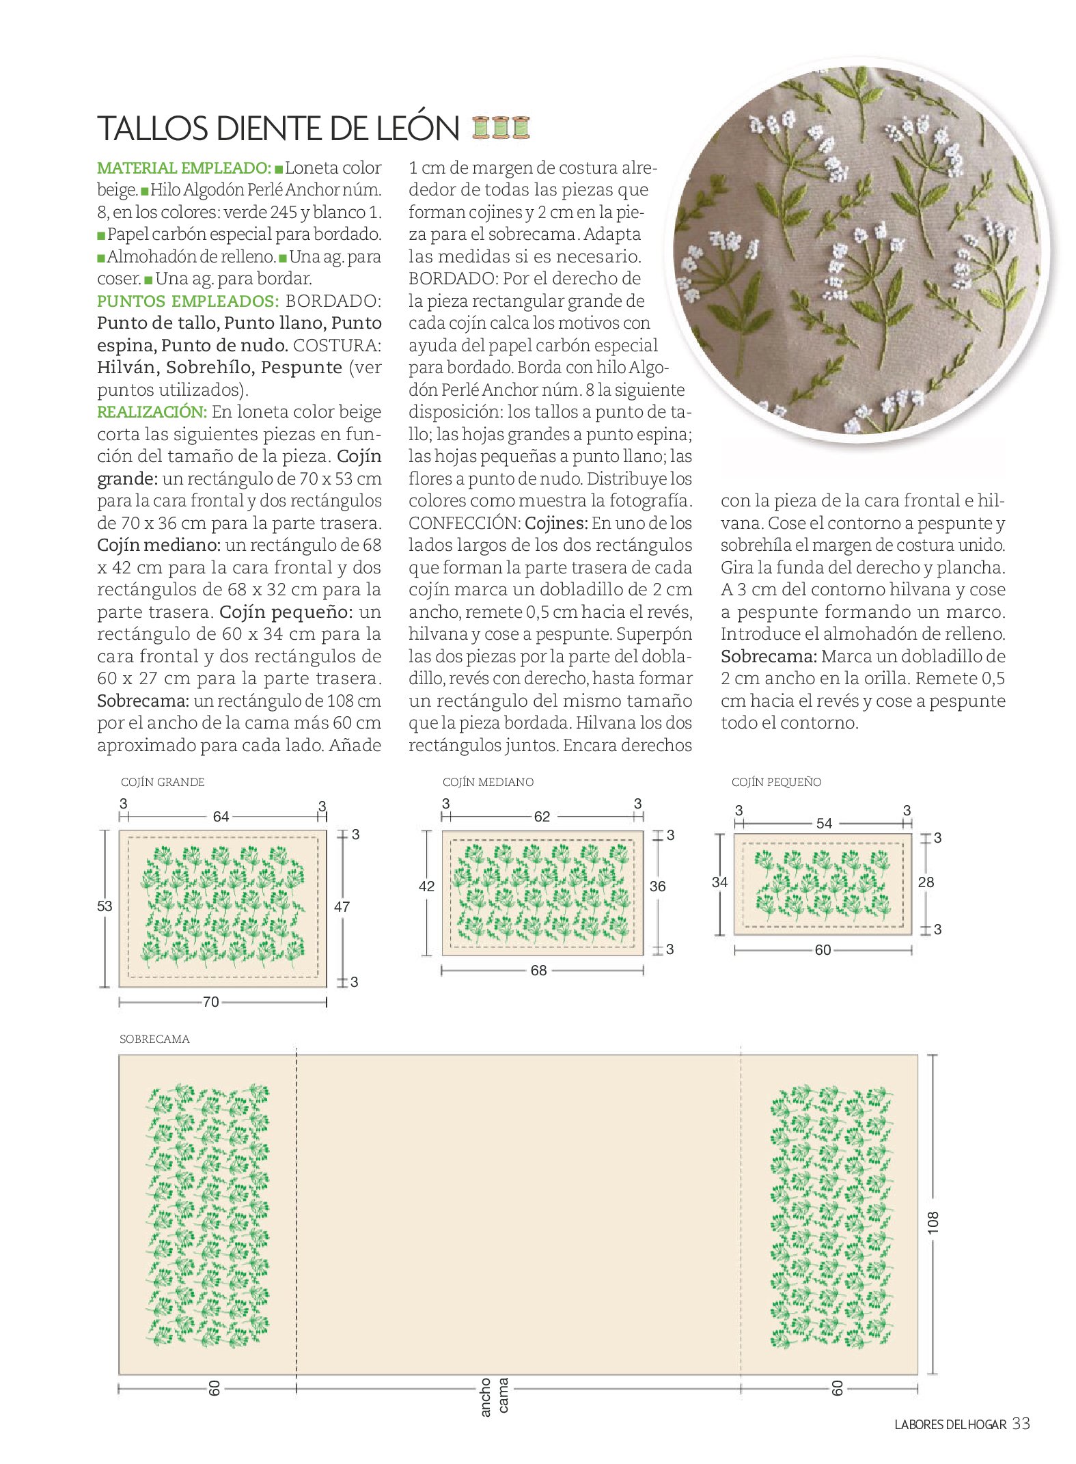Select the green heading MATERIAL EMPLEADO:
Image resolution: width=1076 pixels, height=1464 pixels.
click(x=184, y=168)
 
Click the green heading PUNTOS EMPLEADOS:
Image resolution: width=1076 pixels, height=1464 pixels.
click(x=188, y=301)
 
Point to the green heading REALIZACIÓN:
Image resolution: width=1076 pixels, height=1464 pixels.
click(x=152, y=412)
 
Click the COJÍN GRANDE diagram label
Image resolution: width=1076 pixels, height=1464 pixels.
click(x=163, y=782)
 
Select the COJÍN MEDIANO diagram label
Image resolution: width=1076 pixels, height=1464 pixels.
click(x=488, y=782)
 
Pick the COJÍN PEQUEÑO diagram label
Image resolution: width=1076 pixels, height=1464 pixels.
click(x=776, y=782)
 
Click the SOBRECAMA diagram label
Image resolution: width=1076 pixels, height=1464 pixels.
click(x=154, y=1039)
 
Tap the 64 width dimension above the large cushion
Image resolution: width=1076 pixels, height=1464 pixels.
click(x=221, y=817)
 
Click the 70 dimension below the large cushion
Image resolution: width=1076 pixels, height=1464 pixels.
click(x=211, y=1002)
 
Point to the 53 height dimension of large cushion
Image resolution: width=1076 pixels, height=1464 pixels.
click(x=105, y=906)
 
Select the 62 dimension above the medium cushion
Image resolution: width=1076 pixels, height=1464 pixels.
click(x=542, y=817)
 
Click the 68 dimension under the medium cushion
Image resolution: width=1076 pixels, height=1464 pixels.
click(x=538, y=971)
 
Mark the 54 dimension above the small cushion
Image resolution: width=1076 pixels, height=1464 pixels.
click(x=824, y=824)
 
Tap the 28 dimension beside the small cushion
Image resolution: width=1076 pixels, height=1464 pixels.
click(x=926, y=882)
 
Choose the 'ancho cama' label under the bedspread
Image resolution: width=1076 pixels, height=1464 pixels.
click(x=494, y=1396)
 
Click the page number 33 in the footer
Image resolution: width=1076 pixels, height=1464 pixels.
click(x=1021, y=1424)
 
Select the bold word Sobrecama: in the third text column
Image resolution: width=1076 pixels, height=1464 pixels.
click(x=769, y=657)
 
